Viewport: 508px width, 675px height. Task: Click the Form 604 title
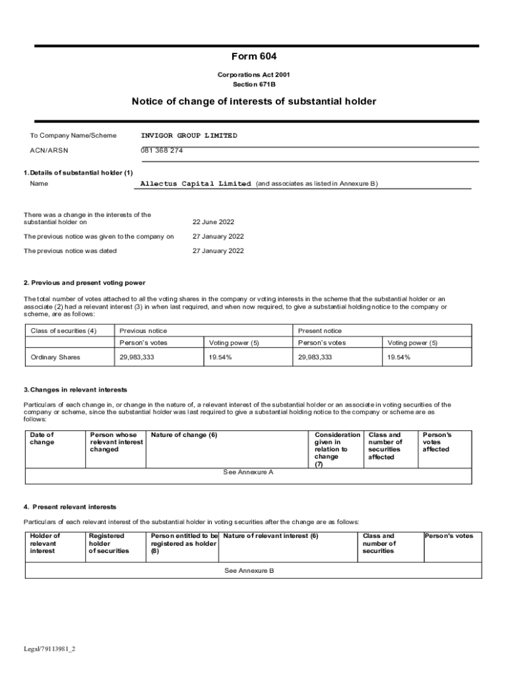coord(253,57)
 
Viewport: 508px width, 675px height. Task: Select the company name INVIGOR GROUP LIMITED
coord(189,135)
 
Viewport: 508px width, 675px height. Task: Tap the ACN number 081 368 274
coord(162,150)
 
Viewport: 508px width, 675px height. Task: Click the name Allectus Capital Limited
coord(196,183)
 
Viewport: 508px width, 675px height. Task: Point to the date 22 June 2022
coord(213,222)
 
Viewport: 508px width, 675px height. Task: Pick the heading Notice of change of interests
coord(253,102)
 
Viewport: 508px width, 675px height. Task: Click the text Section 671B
coord(253,84)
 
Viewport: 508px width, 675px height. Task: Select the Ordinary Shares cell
coord(55,357)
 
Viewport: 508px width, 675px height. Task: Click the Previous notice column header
coord(143,331)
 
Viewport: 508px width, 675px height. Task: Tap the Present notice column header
coord(320,331)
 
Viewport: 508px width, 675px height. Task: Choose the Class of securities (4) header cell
coord(64,331)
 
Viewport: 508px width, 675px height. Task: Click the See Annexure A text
coord(248,472)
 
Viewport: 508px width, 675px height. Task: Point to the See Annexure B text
coord(249,570)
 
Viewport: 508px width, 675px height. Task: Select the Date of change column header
coord(42,438)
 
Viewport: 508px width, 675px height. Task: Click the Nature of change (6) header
coord(184,435)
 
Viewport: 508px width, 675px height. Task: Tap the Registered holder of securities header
coord(109,543)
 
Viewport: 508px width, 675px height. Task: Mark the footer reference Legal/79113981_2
coord(49,649)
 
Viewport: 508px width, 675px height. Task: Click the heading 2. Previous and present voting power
coord(84,283)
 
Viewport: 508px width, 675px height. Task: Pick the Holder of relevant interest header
coord(45,543)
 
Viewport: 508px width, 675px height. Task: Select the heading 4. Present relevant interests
coord(70,507)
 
